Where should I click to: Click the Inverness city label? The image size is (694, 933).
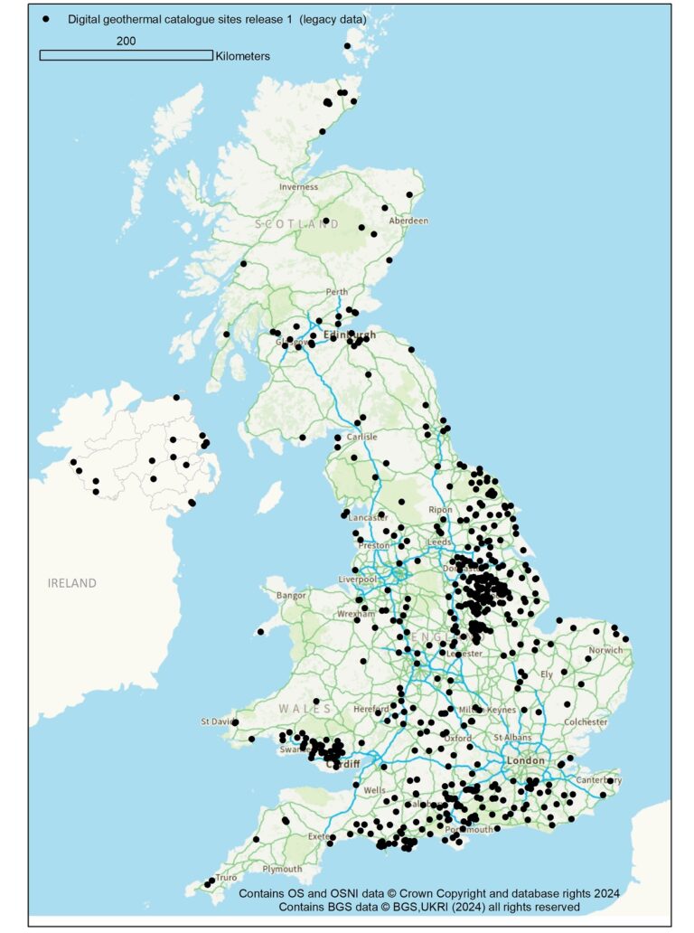(298, 187)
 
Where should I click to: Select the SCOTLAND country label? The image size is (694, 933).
(296, 223)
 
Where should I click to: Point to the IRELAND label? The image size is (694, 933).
(71, 583)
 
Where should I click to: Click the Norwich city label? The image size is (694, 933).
(605, 650)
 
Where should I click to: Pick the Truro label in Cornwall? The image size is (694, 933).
(226, 878)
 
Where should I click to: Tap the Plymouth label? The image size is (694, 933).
(282, 870)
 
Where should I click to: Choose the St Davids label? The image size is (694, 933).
(218, 721)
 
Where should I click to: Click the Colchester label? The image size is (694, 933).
(585, 722)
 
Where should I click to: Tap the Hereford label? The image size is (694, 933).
(371, 710)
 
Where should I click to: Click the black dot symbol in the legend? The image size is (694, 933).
(46, 18)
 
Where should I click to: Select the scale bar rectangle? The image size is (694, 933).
(126, 55)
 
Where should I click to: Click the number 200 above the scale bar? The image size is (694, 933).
(126, 41)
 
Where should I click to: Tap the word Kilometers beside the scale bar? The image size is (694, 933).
(242, 56)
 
